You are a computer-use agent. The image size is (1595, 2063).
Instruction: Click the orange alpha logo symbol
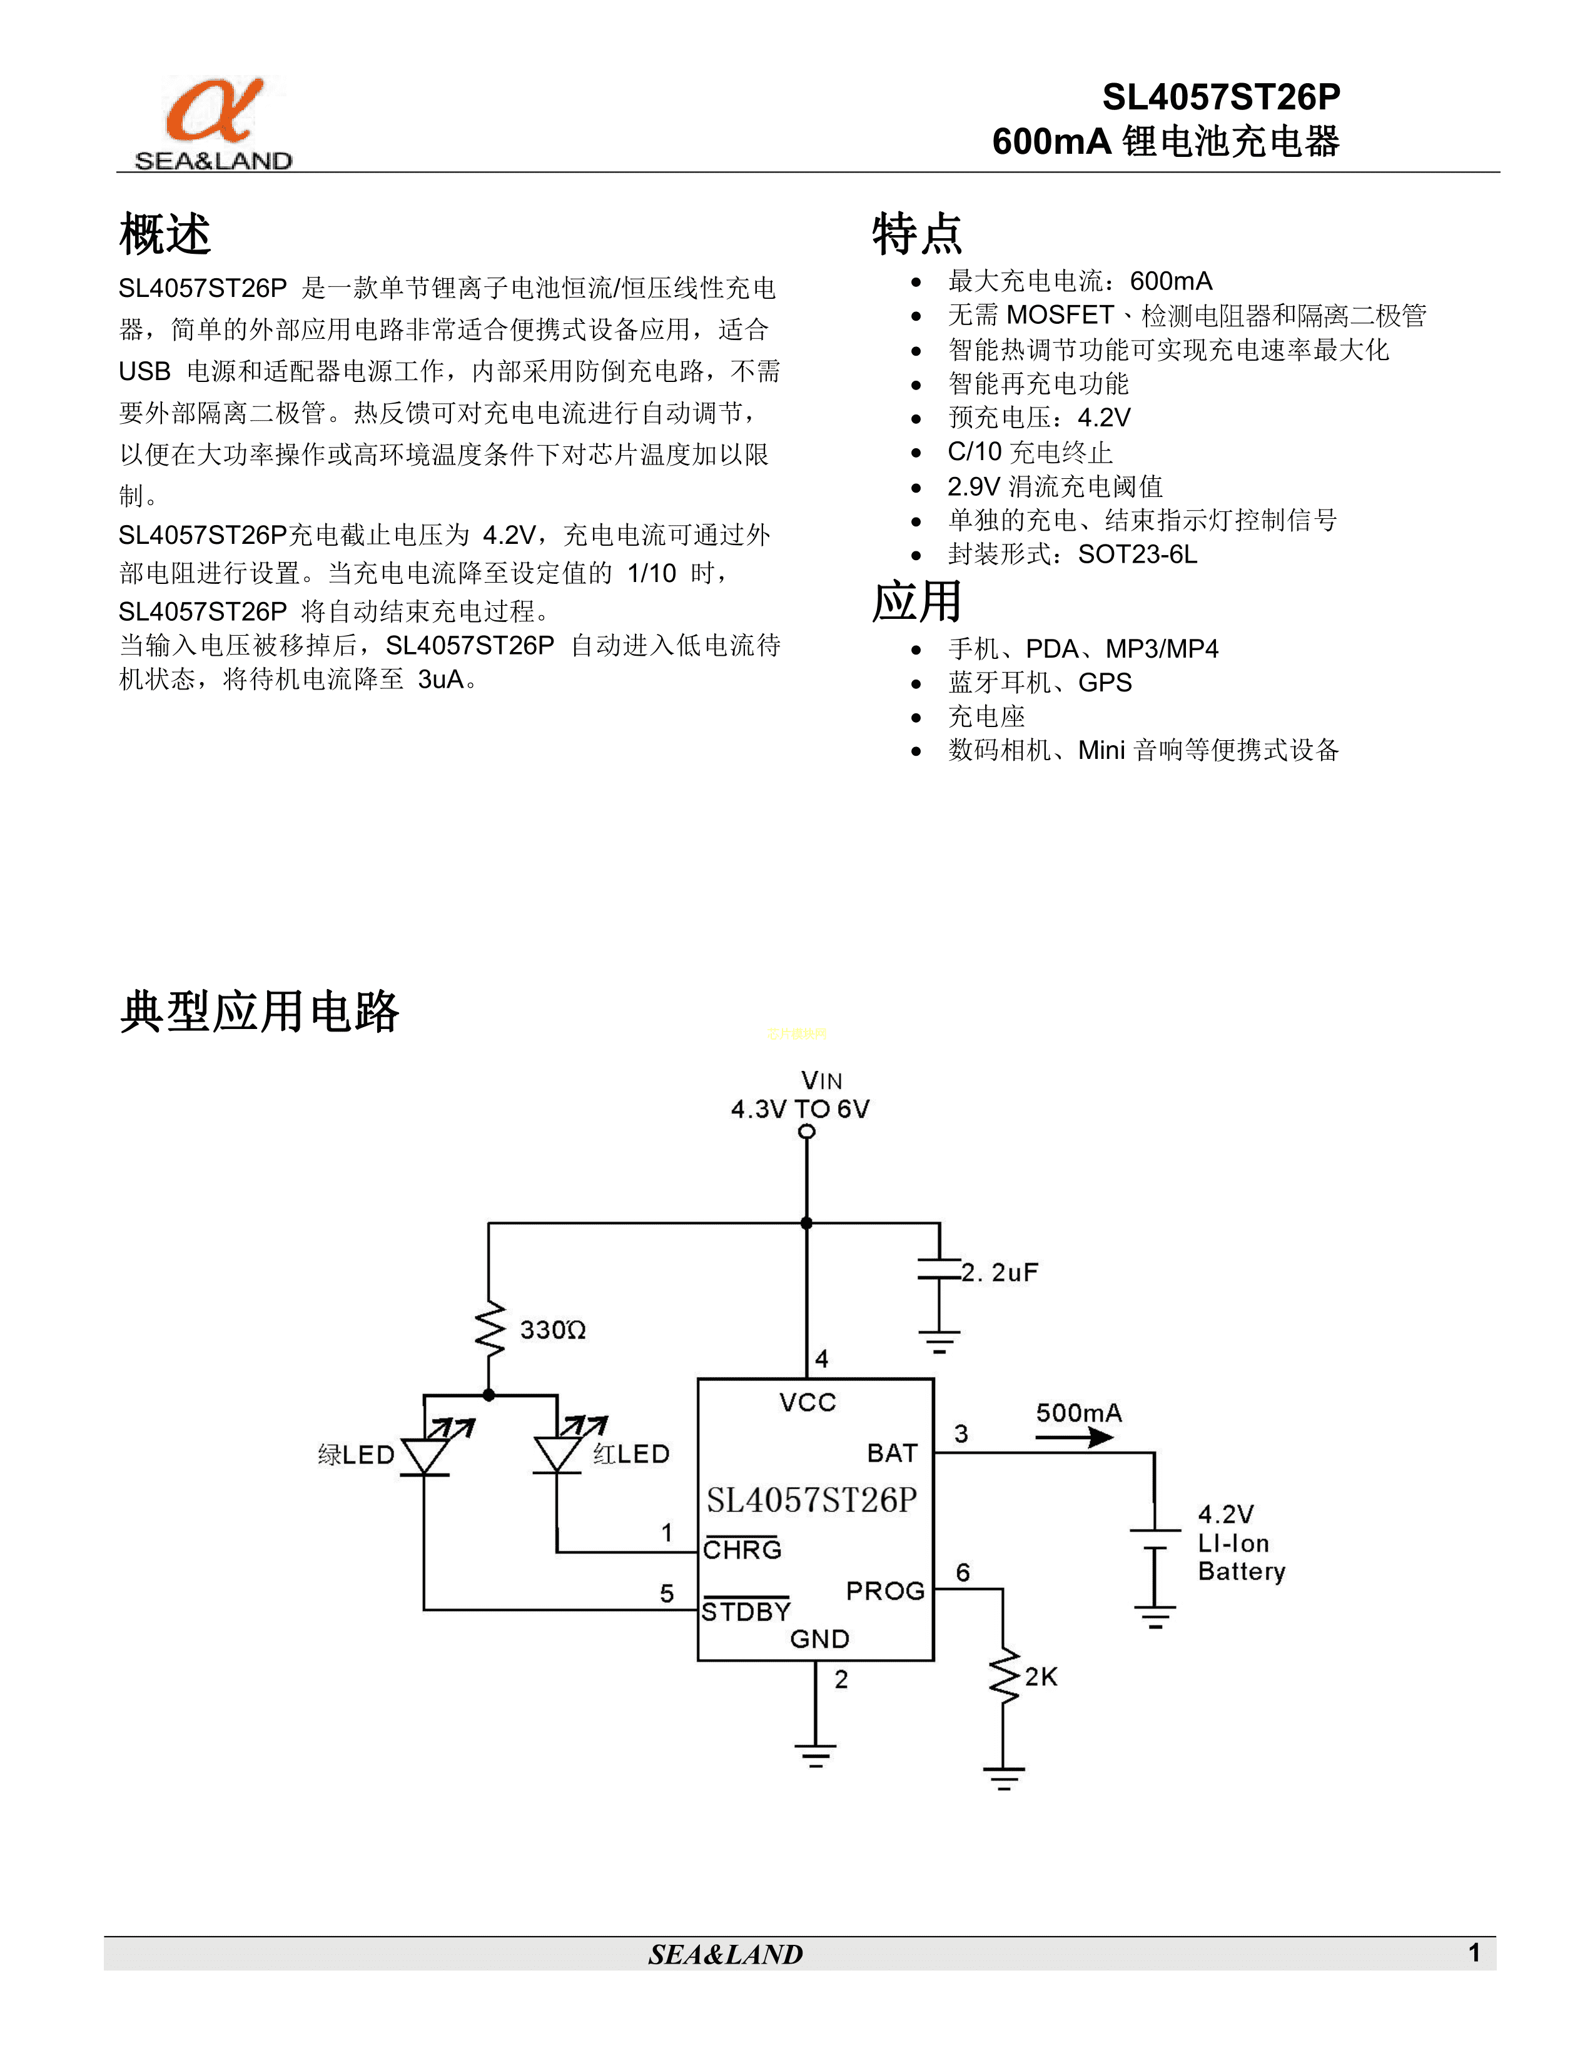215,111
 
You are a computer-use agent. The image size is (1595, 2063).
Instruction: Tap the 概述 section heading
165,234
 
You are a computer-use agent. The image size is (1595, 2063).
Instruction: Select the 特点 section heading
916,234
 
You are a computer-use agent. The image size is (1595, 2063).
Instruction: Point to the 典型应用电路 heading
260,1011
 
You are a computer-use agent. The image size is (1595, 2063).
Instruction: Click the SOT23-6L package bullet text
1073,555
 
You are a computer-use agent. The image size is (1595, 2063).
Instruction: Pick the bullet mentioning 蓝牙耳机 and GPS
1040,682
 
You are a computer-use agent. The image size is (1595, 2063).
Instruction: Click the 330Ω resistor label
553,1330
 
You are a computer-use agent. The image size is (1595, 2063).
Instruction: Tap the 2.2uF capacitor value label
1000,1272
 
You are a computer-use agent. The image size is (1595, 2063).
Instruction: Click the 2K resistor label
1040,1677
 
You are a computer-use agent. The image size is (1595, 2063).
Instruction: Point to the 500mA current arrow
1075,1438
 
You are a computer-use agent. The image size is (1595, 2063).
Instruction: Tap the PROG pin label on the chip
885,1592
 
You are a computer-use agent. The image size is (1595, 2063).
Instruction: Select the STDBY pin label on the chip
746,1612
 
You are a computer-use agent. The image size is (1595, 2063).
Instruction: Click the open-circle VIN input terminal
806,1132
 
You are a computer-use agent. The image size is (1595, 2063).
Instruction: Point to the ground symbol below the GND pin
816,1755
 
